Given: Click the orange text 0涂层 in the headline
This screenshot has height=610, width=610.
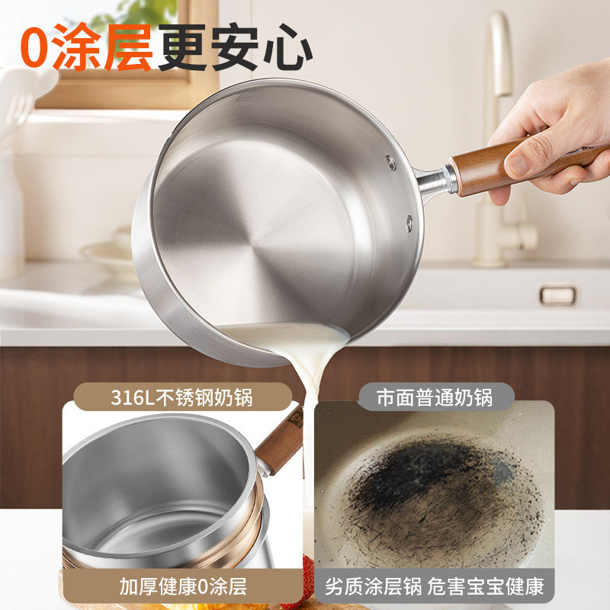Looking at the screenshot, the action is (x=86, y=48).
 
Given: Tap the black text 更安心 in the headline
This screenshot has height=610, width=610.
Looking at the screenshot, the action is (x=235, y=47).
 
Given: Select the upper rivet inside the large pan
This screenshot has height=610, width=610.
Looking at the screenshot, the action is (x=390, y=162).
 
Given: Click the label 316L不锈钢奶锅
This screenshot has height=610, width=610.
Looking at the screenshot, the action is (x=182, y=397).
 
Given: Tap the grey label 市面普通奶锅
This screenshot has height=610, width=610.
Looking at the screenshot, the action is (x=435, y=397).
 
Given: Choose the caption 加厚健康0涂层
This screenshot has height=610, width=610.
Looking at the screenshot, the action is (x=183, y=586).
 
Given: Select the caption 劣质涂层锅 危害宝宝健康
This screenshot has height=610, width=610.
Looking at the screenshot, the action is (x=434, y=586).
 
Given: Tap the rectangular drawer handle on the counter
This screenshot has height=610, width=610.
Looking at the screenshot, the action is (x=558, y=295).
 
